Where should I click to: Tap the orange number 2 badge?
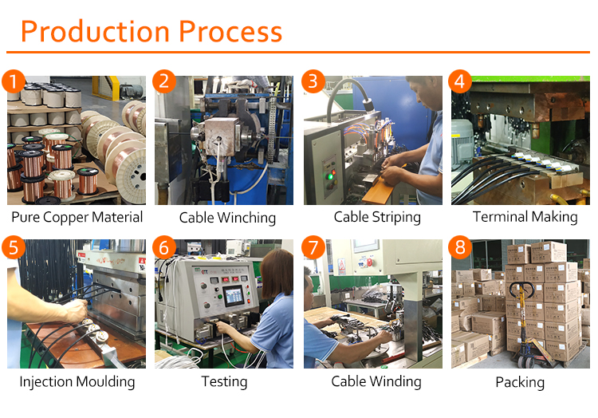164,81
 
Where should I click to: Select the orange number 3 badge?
313,81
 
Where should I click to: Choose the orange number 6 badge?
164,246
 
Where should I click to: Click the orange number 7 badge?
313,246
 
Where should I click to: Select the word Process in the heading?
230,31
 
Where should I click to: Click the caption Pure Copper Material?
77,217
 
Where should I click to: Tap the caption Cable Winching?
227,218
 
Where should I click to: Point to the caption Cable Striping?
377,217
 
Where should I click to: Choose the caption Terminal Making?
525,217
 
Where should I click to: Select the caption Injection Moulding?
77,382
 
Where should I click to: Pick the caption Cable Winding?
376,382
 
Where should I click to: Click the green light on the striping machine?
329,175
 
